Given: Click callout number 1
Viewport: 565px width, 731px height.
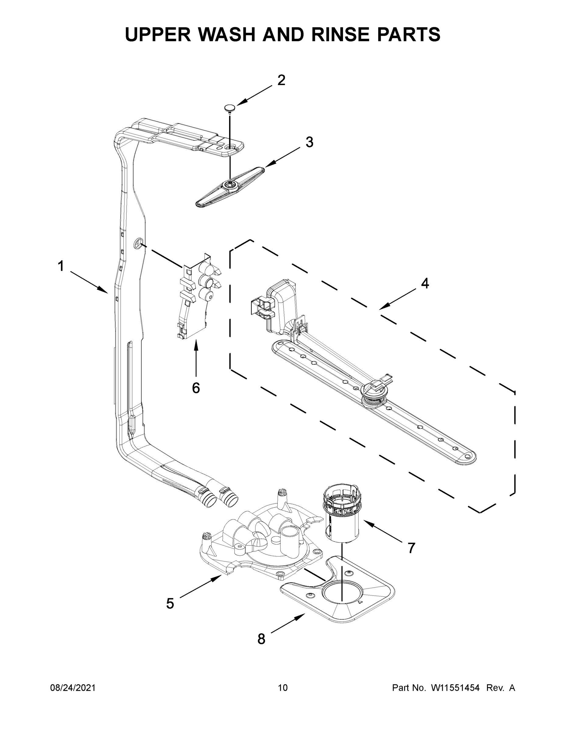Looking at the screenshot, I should tap(61, 267).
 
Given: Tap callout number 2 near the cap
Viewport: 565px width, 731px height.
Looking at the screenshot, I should tap(281, 80).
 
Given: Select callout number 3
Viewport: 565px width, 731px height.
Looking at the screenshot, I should tap(309, 142).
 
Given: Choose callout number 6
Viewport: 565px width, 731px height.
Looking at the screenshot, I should tap(196, 388).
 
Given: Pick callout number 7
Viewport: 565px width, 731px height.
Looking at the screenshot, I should tap(411, 548).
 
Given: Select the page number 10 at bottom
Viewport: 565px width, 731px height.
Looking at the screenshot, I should tap(283, 687).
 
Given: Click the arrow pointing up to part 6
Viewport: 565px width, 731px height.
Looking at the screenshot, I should tap(196, 358).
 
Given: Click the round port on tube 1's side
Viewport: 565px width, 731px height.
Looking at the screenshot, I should tap(139, 243).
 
